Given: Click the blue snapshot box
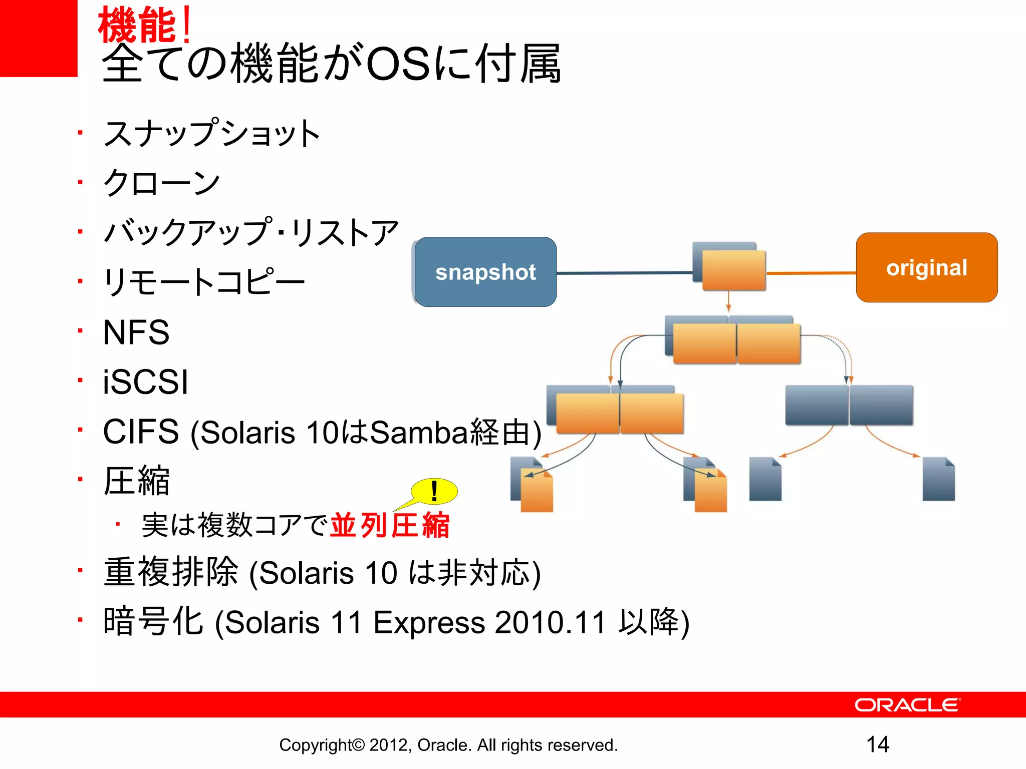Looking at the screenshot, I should (x=485, y=272).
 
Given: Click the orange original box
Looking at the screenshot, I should (x=926, y=267).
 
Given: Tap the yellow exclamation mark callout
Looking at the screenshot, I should (x=434, y=491).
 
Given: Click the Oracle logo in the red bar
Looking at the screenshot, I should (x=907, y=705).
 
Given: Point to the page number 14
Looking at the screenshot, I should (x=878, y=744).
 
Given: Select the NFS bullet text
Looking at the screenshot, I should (x=136, y=332).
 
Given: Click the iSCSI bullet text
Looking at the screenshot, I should (x=145, y=382).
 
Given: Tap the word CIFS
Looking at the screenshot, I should (x=141, y=432).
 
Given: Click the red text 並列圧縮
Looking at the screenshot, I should (x=390, y=526).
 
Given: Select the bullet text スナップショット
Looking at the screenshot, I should (x=211, y=134).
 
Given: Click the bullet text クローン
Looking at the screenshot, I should (x=161, y=183).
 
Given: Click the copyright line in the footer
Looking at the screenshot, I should (x=448, y=745).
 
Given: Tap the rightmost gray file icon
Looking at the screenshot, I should (x=938, y=479).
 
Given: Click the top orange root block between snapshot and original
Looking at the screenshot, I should (x=733, y=270).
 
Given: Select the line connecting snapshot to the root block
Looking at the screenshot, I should (x=624, y=273).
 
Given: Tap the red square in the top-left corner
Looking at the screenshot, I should (x=38, y=38).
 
